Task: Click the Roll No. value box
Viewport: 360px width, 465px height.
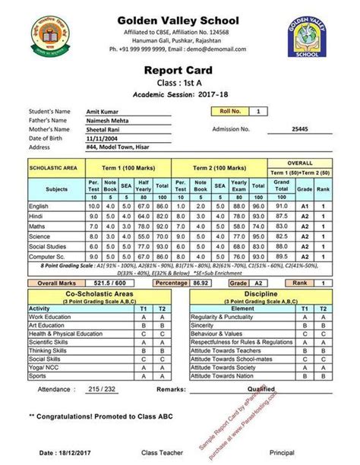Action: click(x=259, y=112)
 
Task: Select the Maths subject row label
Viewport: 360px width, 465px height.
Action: click(x=38, y=226)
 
